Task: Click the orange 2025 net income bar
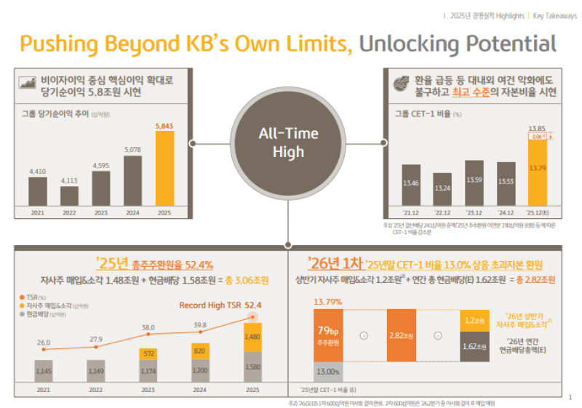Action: tap(164, 169)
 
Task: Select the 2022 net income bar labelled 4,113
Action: tap(69, 196)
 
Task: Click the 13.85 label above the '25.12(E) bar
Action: tap(537, 127)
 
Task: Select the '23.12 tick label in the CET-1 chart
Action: tap(474, 213)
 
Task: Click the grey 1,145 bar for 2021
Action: tap(44, 370)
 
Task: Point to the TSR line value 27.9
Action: tap(96, 339)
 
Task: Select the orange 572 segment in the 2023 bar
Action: tap(148, 353)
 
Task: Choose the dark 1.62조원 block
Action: tap(474, 346)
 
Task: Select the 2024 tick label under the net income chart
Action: tap(133, 213)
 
